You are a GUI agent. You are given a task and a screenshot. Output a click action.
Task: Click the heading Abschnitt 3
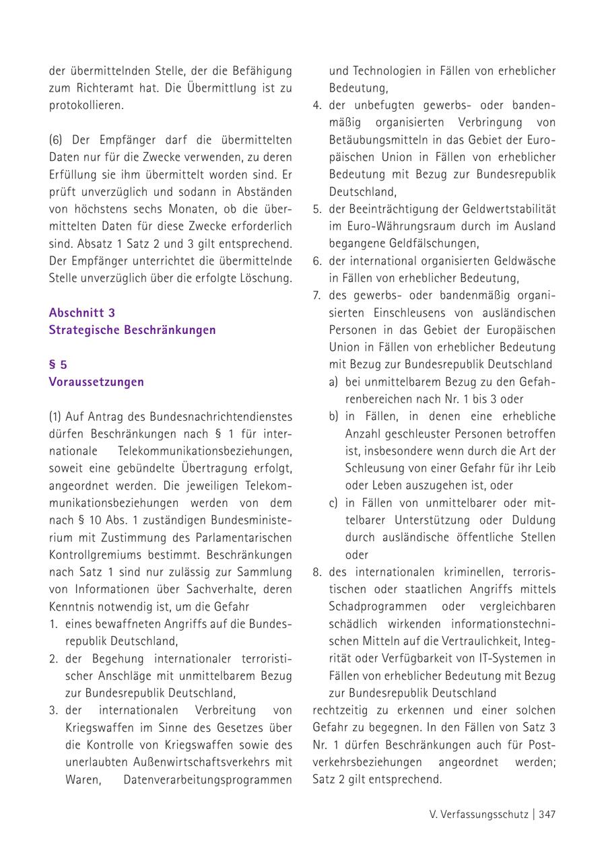pos(81,312)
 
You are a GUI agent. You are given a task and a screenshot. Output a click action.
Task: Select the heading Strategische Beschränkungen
pos(132,330)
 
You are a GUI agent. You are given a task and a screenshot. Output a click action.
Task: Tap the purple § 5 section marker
pos(58,365)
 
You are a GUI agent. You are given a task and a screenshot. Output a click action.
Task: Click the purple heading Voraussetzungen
pos(96,382)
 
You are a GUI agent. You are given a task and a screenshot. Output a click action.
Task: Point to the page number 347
pos(547,815)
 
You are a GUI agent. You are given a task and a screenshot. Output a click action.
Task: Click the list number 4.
pos(317,106)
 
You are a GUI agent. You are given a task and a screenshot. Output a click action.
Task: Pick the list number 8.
pos(317,572)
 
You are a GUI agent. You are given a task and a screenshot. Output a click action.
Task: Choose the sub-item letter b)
pos(334,417)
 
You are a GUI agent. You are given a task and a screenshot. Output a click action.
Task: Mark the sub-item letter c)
pos(334,503)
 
